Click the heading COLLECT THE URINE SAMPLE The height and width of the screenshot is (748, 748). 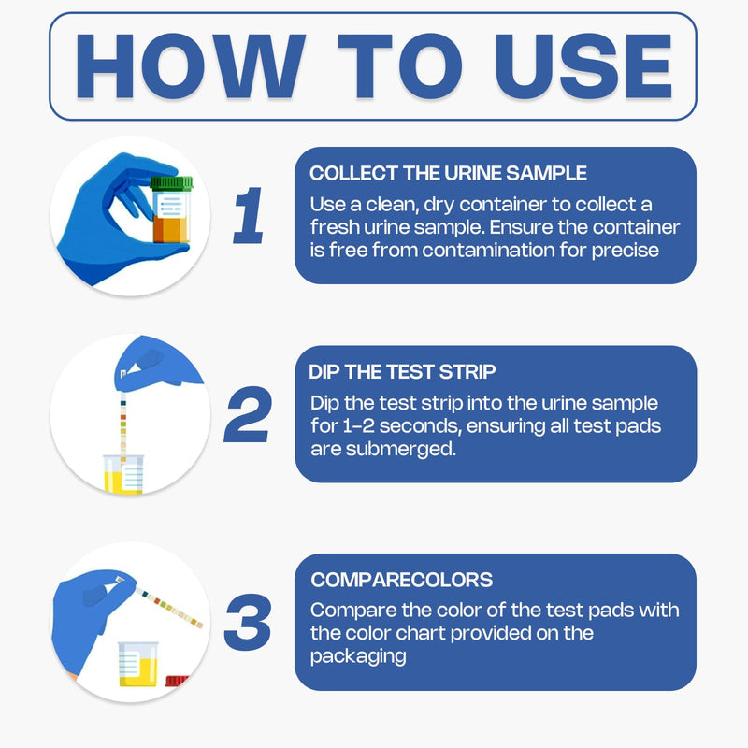(x=448, y=174)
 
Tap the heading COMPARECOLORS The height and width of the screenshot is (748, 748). (x=401, y=580)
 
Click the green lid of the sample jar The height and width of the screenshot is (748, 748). (x=170, y=184)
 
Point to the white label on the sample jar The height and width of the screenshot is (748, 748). (x=170, y=206)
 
